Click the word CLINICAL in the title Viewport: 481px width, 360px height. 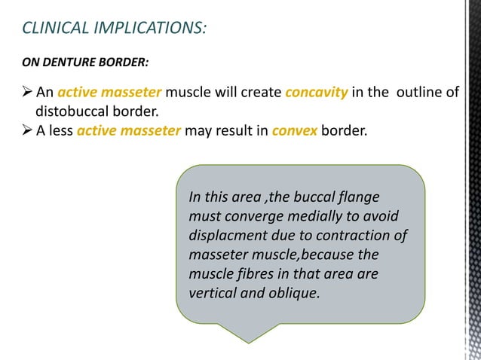50,29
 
